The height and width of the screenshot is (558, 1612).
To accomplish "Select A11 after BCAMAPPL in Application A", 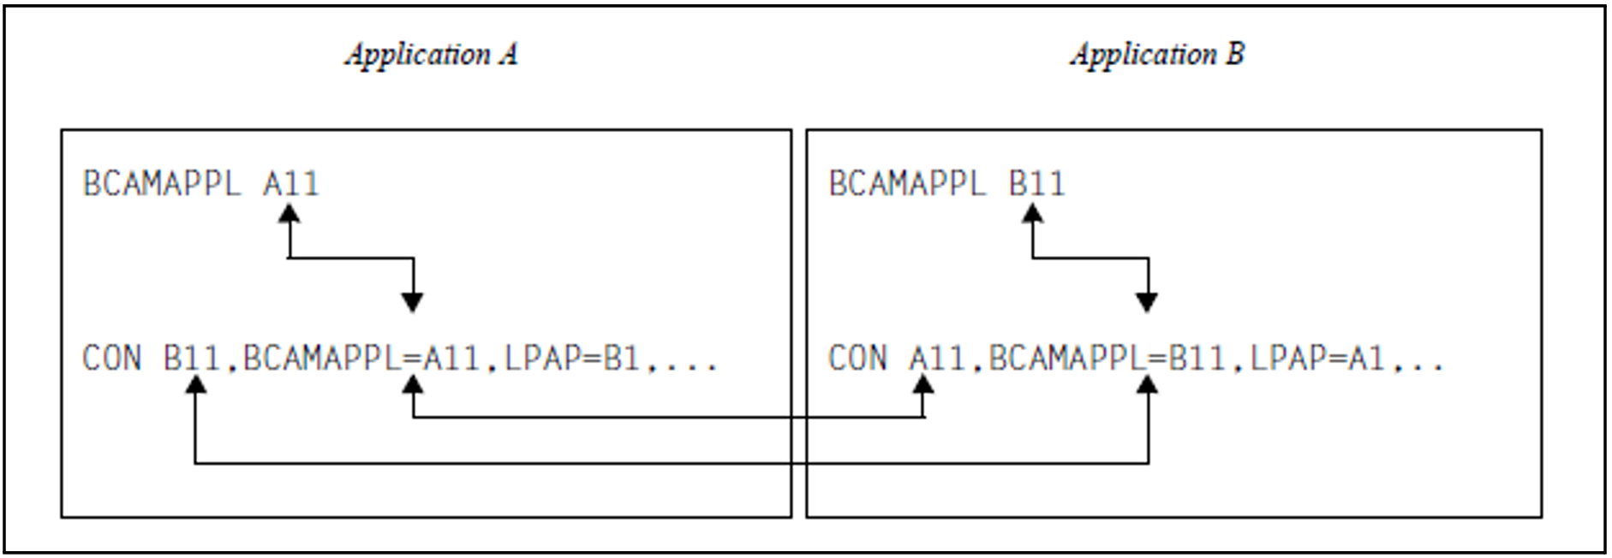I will pyautogui.click(x=290, y=184).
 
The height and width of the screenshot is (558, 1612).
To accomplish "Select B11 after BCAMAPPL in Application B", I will pyautogui.click(x=1036, y=184).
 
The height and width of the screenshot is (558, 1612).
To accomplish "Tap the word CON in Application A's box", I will pyautogui.click(x=112, y=358).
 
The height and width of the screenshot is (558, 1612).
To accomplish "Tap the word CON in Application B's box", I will pyautogui.click(x=857, y=358).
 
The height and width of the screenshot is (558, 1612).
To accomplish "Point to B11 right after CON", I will pyautogui.click(x=192, y=358).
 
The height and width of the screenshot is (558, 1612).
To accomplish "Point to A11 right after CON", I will pyautogui.click(x=937, y=358).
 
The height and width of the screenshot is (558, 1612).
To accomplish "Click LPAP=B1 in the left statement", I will pyautogui.click(x=571, y=358).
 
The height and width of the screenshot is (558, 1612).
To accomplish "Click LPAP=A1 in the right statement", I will pyautogui.click(x=1317, y=358).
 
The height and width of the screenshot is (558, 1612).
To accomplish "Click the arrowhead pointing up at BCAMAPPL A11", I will pyautogui.click(x=290, y=214).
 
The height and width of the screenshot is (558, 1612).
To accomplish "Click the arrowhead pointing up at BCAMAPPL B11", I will pyautogui.click(x=1033, y=214).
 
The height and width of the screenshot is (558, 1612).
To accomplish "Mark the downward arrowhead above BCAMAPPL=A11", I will pyautogui.click(x=413, y=301).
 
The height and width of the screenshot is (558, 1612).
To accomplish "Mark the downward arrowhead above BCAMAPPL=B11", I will pyautogui.click(x=1147, y=301).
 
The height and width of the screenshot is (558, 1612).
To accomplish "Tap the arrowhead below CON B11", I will pyautogui.click(x=196, y=385).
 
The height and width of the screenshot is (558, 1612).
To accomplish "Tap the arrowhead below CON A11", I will pyautogui.click(x=923, y=385).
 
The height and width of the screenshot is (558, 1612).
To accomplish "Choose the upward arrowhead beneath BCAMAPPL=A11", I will pyautogui.click(x=413, y=385).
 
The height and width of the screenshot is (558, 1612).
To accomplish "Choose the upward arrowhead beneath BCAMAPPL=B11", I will pyautogui.click(x=1147, y=385).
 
